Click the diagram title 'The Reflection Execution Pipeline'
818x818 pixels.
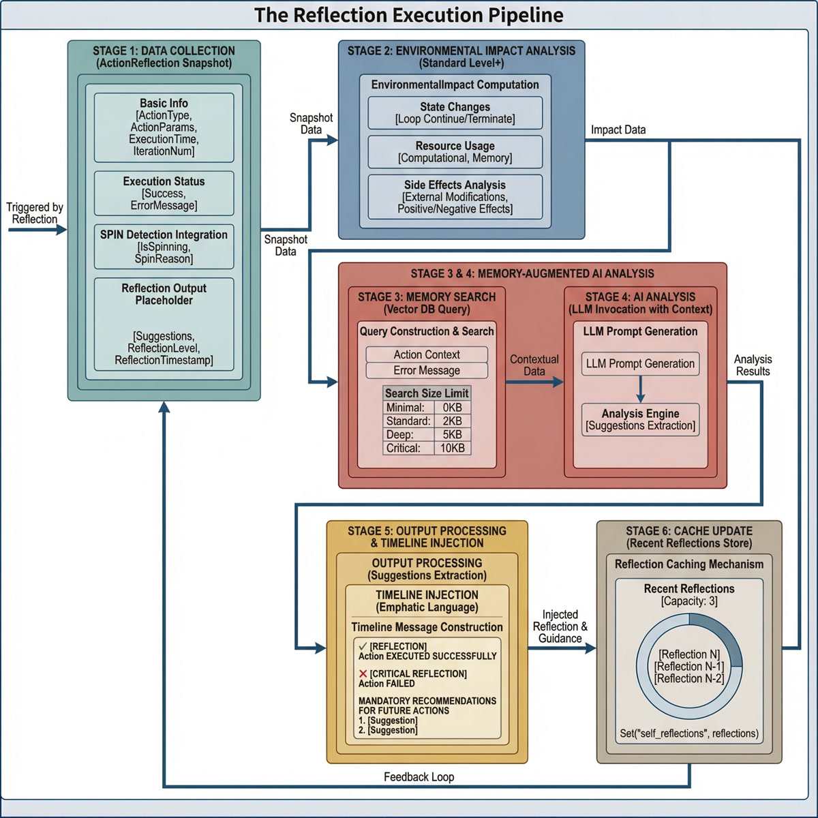pos(409,15)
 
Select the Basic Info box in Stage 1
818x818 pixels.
pos(164,127)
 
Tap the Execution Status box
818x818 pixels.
pos(164,194)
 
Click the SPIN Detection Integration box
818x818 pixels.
pos(164,246)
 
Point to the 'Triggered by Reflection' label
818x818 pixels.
pos(35,213)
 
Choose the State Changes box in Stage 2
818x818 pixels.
pos(455,112)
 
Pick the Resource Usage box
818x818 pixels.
pos(455,151)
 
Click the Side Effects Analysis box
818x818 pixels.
pos(455,196)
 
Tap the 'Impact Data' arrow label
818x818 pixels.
pos(618,130)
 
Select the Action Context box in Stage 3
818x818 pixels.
pos(427,354)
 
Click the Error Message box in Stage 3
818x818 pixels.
pos(427,371)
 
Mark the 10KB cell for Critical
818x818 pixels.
pos(452,449)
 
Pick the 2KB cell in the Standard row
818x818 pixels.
pos(452,421)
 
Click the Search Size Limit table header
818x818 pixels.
pos(427,393)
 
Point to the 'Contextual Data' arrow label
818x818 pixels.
pos(534,365)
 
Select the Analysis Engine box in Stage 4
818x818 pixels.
pos(640,419)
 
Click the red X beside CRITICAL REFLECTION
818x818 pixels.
pos(363,673)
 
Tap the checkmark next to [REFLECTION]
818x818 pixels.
pos(363,646)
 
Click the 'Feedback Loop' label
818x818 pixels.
pos(419,777)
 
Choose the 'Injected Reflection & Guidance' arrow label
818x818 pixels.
pos(560,626)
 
